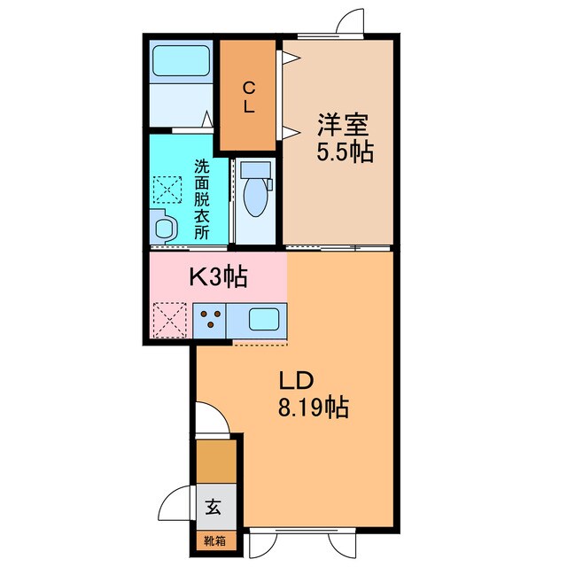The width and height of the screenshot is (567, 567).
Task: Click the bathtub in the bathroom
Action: coord(181,61)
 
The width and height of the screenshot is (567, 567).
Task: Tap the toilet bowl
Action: coord(255,198)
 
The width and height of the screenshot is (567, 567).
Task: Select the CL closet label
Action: coord(249,97)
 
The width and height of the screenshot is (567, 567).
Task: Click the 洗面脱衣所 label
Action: coord(201,200)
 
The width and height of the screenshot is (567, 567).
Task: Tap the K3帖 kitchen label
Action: coord(217,278)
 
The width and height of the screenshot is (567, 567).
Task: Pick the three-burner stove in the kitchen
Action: coord(210,319)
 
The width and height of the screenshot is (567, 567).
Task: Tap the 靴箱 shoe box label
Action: coord(215,540)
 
